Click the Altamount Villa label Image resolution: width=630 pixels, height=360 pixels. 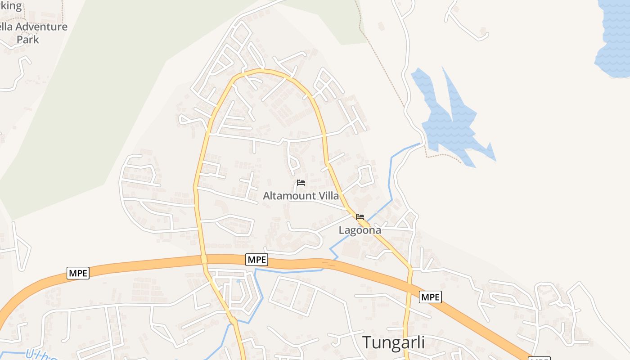[301, 196]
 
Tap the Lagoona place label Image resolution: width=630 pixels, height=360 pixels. [360, 230]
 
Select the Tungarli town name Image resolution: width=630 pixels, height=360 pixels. [393, 342]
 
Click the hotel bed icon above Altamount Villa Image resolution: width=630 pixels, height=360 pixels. [301, 183]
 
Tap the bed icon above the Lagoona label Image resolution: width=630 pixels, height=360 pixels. [360, 217]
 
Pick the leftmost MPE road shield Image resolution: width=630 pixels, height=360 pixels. [78, 273]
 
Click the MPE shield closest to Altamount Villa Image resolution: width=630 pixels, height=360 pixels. [257, 259]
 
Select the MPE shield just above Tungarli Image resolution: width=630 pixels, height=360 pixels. [430, 297]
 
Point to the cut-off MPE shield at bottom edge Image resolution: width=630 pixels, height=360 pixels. [539, 358]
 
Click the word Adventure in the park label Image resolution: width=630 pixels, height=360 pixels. [41, 27]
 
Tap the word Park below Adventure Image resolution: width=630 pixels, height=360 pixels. [28, 40]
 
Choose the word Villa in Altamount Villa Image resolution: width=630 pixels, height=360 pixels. [328, 196]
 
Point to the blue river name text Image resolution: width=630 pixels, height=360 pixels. [40, 355]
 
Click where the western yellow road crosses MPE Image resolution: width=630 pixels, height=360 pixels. [204, 260]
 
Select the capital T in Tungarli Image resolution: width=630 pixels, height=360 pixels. [367, 342]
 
